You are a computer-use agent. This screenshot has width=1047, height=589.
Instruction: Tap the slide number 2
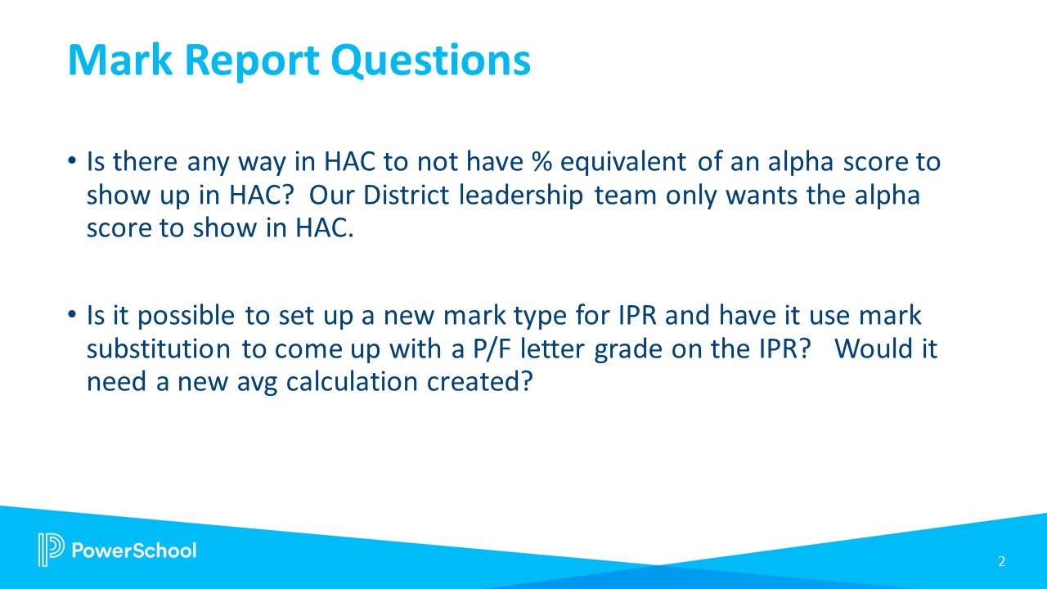pos(1001,561)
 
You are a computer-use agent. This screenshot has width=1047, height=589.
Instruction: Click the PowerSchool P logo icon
pos(51,550)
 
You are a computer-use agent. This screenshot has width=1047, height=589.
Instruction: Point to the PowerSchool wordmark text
pos(135,550)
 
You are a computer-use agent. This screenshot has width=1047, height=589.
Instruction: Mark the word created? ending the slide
pos(490,382)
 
